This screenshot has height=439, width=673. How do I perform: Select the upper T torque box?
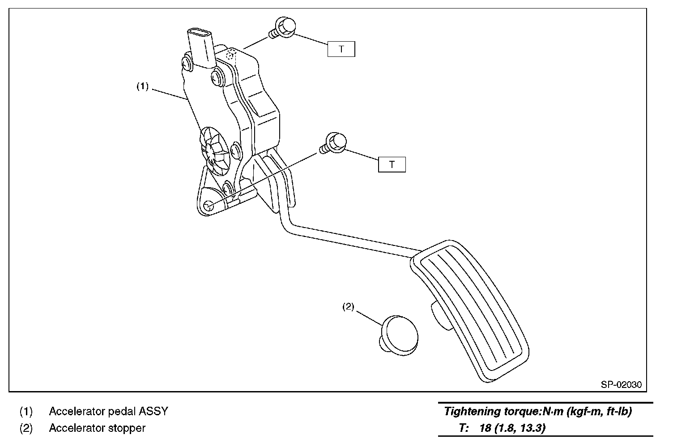click(341, 49)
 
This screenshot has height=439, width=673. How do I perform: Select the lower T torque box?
click(392, 165)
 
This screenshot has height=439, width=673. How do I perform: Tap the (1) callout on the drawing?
click(142, 87)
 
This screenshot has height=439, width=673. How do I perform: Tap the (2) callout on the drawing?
click(348, 307)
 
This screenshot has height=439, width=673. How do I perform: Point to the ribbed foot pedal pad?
click(470, 314)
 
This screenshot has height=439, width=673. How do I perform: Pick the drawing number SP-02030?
click(621, 384)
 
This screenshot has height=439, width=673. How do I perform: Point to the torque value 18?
click(485, 428)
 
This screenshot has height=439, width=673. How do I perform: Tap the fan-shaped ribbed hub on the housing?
click(214, 150)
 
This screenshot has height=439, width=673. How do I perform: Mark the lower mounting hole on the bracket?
click(208, 206)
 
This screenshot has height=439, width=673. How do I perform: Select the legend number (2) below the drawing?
click(26, 428)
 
